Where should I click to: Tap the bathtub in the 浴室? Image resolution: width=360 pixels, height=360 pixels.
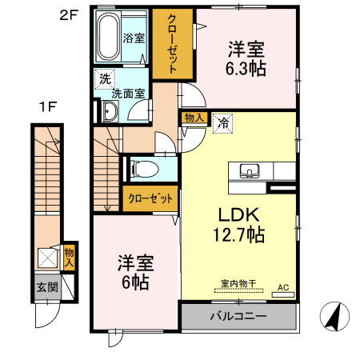point(108,37)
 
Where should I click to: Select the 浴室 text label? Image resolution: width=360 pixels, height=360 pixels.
point(133,38)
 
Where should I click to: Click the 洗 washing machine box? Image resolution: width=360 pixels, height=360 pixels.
point(103,78)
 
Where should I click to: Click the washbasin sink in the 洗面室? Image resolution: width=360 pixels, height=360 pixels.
point(109,113)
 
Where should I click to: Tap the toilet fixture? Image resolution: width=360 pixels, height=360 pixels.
point(142,170)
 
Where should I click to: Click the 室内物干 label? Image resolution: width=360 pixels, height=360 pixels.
point(238,283)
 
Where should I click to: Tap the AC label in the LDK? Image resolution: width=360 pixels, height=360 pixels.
point(282,286)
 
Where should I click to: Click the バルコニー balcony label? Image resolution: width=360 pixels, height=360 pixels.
point(238,316)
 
